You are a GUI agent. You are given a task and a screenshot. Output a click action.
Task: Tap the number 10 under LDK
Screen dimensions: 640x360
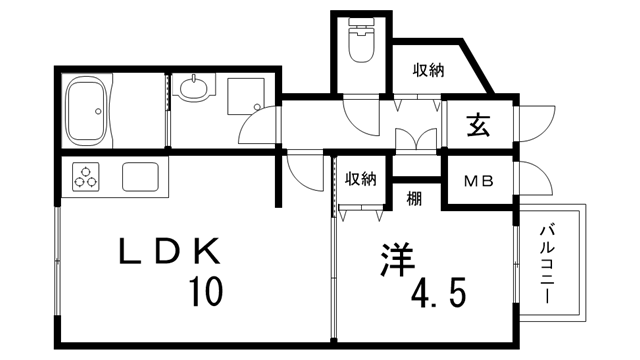coord(203,291)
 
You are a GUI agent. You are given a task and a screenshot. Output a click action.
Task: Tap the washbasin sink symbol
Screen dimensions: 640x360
coord(193,90)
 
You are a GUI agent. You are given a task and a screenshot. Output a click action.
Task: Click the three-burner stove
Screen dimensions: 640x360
coord(87,178)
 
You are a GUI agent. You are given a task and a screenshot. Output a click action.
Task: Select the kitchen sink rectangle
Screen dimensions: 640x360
coord(143,178)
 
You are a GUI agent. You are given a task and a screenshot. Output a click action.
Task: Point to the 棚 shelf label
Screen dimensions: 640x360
coord(414,198)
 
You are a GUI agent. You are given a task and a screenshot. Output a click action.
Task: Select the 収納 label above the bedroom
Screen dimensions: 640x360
coord(360,179)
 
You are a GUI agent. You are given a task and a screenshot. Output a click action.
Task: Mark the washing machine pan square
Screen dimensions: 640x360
coord(244,94)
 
